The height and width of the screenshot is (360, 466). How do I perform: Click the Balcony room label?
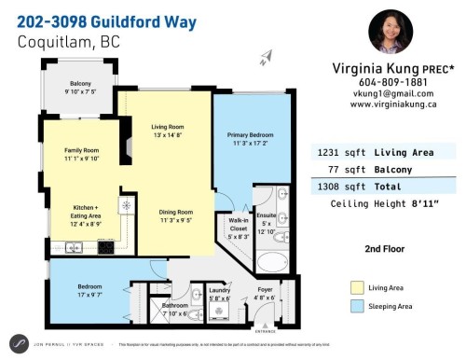click(80, 83)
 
